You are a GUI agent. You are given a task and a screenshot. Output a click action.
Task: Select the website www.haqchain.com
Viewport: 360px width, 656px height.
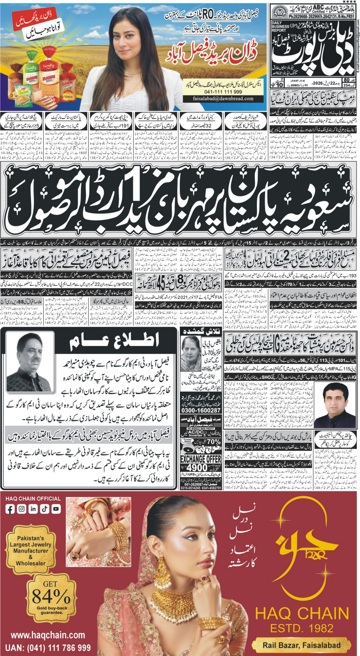(x=48, y=635)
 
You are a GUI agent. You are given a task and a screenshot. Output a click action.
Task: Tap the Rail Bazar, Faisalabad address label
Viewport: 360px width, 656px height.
(x=302, y=645)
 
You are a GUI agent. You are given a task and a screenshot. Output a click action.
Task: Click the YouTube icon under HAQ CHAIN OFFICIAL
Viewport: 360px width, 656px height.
(x=56, y=508)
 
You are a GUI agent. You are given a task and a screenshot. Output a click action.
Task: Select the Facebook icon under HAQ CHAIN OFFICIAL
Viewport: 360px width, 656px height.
(x=11, y=508)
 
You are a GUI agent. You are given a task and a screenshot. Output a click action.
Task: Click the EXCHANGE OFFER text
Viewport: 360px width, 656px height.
(x=201, y=459)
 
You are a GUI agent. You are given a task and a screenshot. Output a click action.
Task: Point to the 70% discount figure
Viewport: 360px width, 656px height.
(x=213, y=442)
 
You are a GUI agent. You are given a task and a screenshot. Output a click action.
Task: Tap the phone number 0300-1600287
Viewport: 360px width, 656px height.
(x=201, y=410)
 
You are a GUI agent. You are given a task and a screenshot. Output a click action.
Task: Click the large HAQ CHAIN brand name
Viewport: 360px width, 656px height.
(x=302, y=613)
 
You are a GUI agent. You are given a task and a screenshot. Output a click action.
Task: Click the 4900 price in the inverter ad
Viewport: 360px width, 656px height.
(x=197, y=467)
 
